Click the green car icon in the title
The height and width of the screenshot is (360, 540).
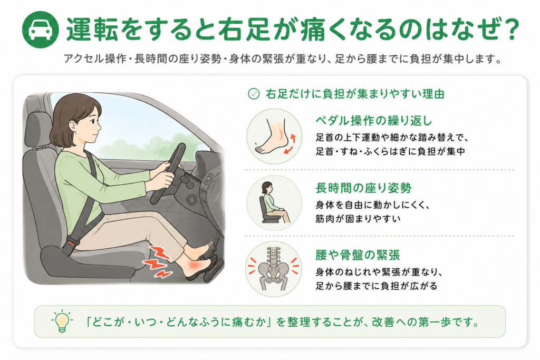40,30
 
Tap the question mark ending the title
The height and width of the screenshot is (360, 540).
510,30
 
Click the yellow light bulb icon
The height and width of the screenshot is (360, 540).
62,321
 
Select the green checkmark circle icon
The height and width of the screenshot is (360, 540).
254,94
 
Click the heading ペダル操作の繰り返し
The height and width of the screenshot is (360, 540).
374,121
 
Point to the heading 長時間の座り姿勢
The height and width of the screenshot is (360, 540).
363,188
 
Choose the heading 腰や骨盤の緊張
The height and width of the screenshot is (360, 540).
358,255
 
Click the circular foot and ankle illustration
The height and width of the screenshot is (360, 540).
274,137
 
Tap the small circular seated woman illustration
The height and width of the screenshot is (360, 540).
274,203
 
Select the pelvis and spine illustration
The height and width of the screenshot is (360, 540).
274,269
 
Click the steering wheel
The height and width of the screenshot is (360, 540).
168,173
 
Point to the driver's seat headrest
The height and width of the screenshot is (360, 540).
38,130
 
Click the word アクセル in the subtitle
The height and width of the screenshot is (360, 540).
84,59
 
